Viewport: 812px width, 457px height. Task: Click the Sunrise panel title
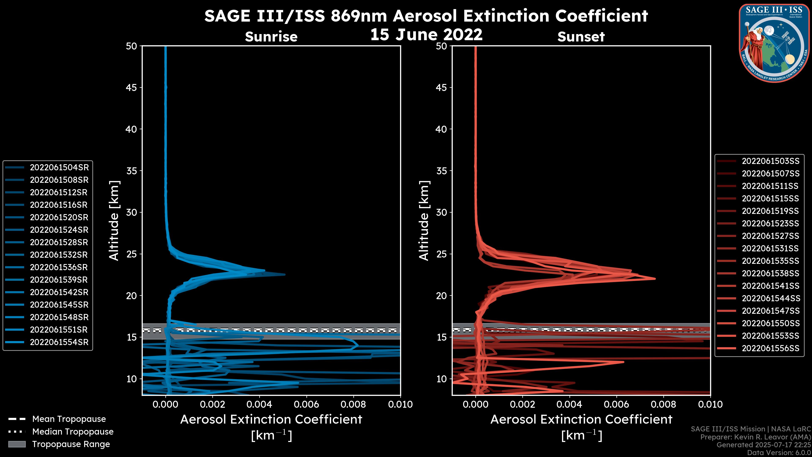coord(271,37)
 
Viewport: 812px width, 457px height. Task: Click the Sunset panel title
coord(581,37)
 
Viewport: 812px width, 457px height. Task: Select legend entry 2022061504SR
coord(59,168)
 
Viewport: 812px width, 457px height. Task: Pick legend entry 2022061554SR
coord(59,342)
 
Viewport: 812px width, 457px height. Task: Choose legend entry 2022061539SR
coord(59,280)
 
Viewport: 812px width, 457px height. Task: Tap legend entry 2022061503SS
coord(770,161)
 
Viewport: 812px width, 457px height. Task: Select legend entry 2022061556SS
coord(770,348)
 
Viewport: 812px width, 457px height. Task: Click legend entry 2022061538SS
coord(770,273)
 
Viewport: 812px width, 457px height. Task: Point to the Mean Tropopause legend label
coord(69,419)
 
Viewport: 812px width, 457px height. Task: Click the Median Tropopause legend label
coord(73,432)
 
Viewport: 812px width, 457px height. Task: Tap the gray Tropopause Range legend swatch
coord(17,444)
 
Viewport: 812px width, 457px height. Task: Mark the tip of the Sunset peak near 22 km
coord(655,278)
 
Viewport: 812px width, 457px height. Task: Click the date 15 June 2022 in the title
coord(426,35)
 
